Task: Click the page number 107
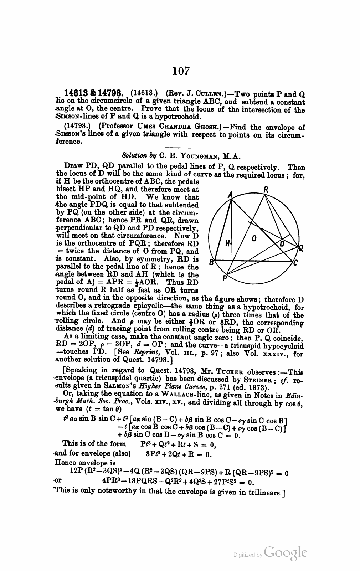[x=180, y=71]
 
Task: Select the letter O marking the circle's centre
[x=254, y=238]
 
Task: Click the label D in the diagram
[x=282, y=244]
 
